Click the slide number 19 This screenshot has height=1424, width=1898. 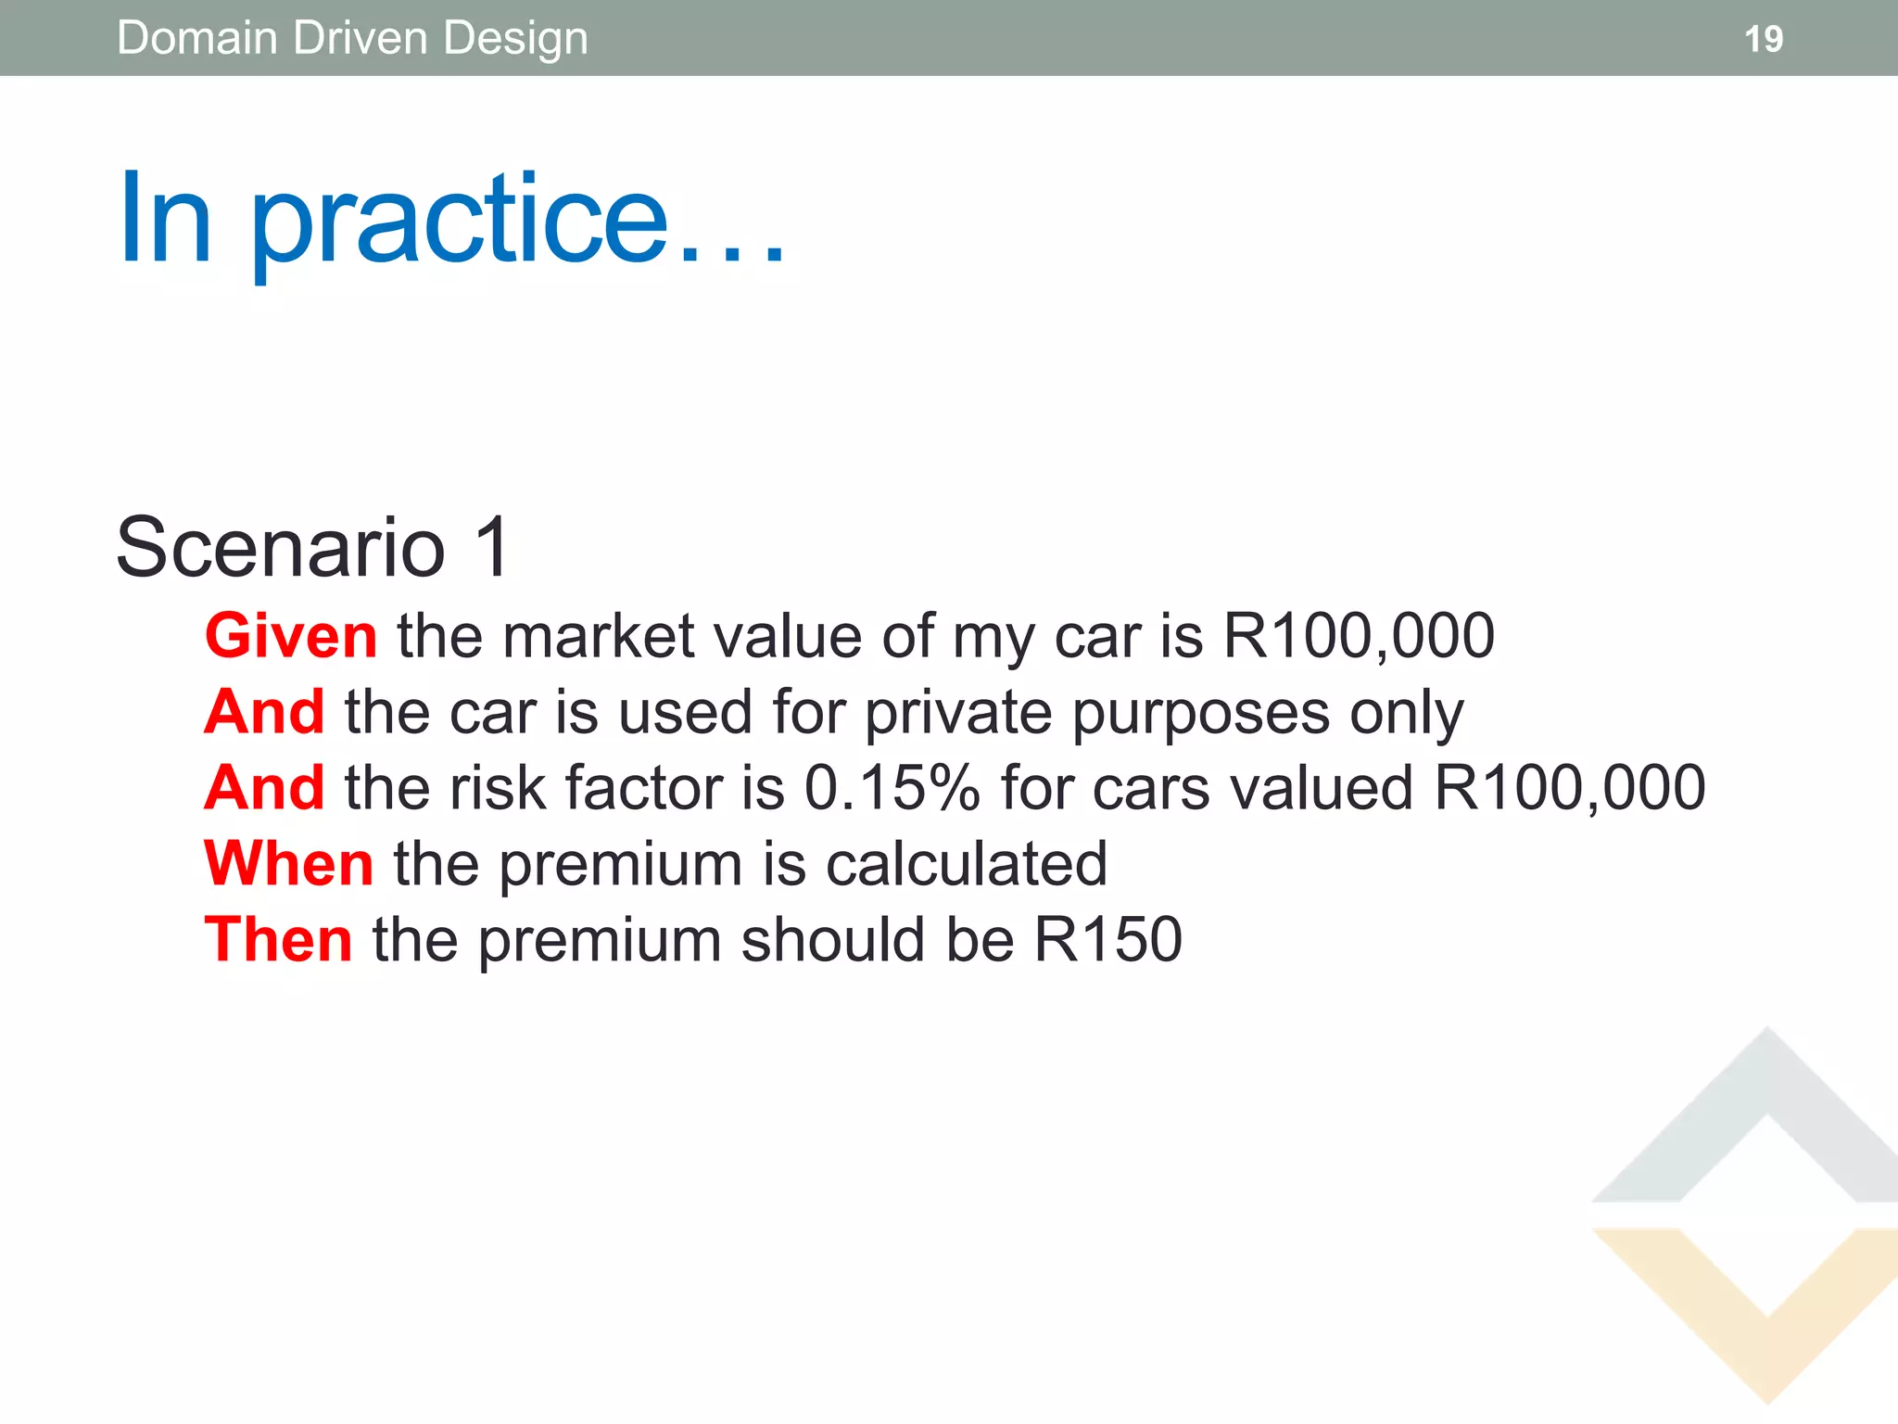(x=1763, y=39)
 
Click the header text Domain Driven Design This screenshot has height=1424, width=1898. (x=352, y=39)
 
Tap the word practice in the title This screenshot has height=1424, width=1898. (x=459, y=222)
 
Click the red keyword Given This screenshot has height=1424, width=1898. (x=291, y=636)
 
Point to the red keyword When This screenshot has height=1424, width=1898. (x=289, y=864)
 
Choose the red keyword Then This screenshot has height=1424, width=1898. (x=278, y=940)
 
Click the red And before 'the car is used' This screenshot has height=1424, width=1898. (x=265, y=712)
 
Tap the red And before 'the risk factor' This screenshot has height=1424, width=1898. (x=265, y=788)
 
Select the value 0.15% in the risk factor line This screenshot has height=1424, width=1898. (x=892, y=788)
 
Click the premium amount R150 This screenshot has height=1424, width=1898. (x=1107, y=940)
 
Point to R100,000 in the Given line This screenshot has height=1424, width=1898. (x=1359, y=636)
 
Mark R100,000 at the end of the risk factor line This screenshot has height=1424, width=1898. (x=1569, y=788)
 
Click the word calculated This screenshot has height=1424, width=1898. (x=966, y=864)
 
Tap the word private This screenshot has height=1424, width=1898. (x=958, y=714)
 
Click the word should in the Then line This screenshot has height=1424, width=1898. (x=832, y=940)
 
